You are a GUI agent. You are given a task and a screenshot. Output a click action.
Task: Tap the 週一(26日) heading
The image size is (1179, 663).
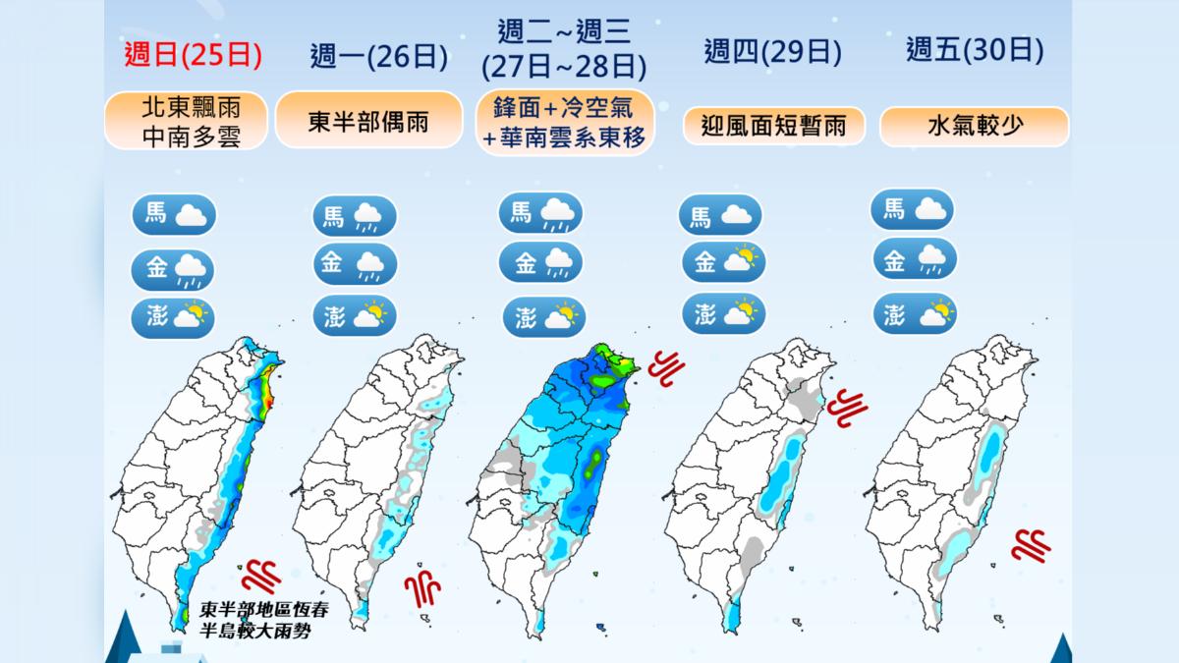click(378, 56)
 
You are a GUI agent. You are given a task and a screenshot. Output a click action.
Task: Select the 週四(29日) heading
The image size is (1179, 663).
click(772, 51)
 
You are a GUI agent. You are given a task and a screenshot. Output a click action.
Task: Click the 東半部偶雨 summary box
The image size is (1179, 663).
click(368, 121)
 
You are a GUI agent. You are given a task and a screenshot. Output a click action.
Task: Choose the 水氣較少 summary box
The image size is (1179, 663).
click(975, 127)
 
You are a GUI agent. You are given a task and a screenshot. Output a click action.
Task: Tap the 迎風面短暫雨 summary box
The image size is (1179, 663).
click(773, 126)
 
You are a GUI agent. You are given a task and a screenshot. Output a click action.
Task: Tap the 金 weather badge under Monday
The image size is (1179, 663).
click(355, 264)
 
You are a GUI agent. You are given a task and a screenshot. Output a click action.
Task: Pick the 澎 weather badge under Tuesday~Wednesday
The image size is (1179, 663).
click(542, 316)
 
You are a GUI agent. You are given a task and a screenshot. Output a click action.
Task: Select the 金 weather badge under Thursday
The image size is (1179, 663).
click(722, 261)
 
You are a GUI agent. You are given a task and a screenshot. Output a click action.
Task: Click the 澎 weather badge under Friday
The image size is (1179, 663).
click(914, 314)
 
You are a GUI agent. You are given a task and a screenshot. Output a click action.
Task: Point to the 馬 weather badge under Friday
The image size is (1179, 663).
click(912, 209)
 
